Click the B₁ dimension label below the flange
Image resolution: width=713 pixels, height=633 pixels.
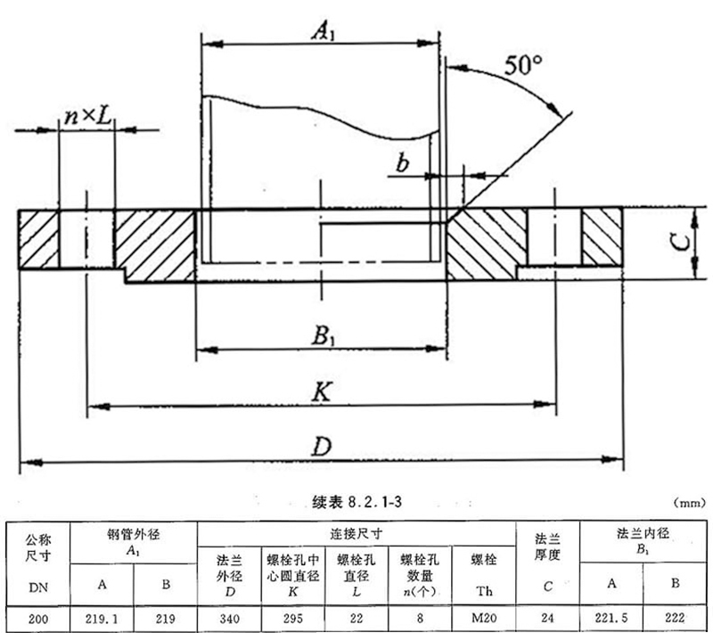coord(322,336)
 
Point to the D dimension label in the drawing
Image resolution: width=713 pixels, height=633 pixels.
coord(322,447)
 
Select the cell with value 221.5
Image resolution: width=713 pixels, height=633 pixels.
coord(611,617)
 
